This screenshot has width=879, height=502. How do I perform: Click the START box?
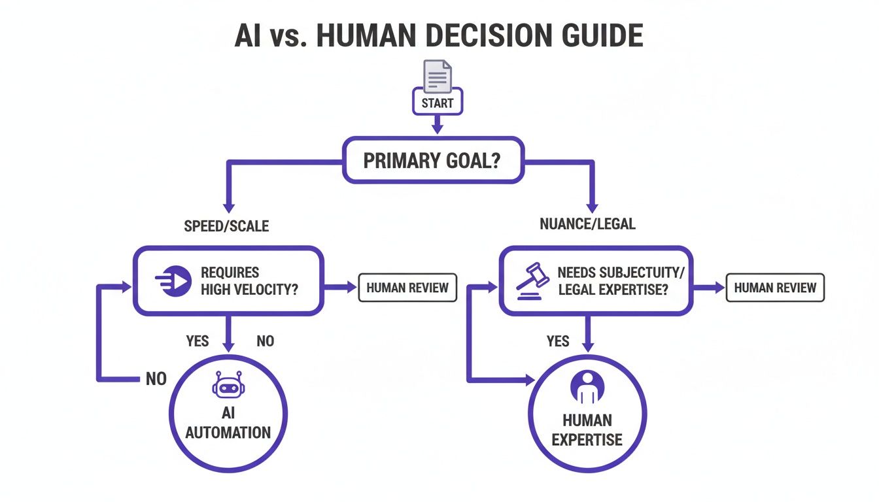coord(438,103)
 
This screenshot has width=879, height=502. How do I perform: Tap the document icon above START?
coord(438,75)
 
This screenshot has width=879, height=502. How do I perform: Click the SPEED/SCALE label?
coord(227,226)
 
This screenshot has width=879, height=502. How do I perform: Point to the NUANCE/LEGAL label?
coord(587,224)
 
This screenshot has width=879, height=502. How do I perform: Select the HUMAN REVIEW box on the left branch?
coord(407,288)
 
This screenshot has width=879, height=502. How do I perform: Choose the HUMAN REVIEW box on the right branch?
coord(775,288)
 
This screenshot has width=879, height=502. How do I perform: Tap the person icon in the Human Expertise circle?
coord(586,386)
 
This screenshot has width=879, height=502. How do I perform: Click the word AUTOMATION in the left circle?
coord(228,432)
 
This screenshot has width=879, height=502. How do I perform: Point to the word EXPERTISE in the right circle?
coord(587,439)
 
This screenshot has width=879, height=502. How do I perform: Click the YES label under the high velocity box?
coord(198,341)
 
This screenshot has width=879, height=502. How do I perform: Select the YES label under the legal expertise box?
coord(558,341)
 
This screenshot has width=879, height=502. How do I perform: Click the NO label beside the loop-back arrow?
coord(156,378)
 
